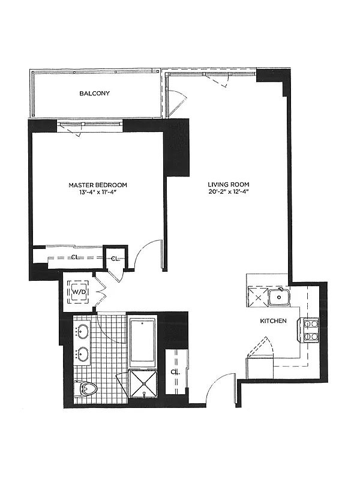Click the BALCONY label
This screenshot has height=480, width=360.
coord(95,94)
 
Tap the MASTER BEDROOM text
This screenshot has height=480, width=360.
coord(98,185)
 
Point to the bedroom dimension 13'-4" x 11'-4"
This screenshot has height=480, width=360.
coord(98,192)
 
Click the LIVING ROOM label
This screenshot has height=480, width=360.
coord(229,185)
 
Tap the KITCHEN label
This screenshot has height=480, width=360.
coord(274,321)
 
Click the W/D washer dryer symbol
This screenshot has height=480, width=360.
coord(79,292)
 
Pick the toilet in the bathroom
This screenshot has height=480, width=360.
coord(86,389)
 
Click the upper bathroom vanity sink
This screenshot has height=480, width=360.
coord(83,331)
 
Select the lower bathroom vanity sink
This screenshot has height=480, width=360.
coord(83,355)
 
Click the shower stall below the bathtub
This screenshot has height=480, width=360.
coord(143,384)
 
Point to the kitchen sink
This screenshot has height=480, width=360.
coord(279,296)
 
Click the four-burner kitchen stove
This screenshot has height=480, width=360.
coord(308,329)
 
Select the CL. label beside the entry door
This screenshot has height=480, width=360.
coord(175,372)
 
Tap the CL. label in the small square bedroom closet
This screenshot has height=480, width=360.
coord(115,259)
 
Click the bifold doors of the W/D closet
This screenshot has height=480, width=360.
coord(101,291)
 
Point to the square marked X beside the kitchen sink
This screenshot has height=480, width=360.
coord(258,296)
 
